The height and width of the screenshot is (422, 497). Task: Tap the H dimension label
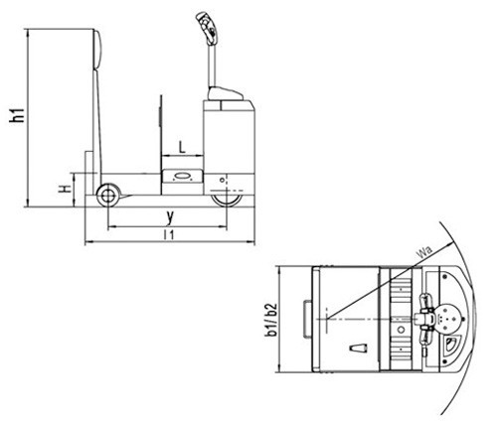[65, 189]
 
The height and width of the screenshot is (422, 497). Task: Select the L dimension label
[182, 147]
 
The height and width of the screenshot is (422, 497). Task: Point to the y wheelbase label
[170, 217]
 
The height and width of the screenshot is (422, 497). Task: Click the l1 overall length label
[169, 235]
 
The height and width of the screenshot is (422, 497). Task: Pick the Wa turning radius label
[424, 252]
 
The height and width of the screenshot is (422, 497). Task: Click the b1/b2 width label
[271, 319]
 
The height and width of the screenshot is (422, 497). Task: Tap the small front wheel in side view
[107, 196]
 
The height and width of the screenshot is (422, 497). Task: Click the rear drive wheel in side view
[228, 201]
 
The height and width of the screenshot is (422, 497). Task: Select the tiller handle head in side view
[207, 28]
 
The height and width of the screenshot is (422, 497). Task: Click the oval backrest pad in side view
[96, 50]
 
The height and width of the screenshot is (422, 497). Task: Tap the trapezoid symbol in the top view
[359, 349]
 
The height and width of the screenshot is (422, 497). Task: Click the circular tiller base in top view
[448, 319]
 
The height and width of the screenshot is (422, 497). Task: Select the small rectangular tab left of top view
[307, 319]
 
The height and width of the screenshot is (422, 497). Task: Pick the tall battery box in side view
[229, 142]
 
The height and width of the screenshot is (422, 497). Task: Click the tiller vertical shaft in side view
[212, 66]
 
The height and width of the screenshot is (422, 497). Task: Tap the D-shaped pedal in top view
[449, 346]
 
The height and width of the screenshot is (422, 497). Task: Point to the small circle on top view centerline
[401, 330]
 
